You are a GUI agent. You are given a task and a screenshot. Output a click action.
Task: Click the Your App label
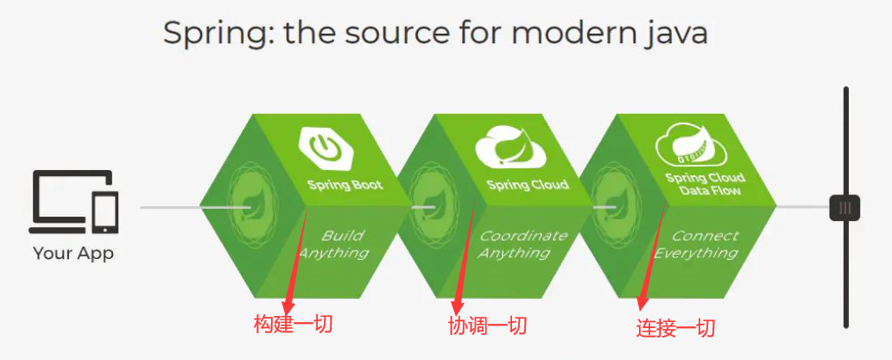[73, 254]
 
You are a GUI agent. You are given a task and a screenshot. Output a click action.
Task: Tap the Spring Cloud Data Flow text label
[705, 185]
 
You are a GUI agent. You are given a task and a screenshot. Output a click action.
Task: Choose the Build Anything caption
[336, 244]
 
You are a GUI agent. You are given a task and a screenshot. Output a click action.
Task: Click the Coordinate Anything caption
[521, 244]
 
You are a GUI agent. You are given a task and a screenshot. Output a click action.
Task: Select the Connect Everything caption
[699, 244]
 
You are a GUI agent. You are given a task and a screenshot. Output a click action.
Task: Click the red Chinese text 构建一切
[293, 325]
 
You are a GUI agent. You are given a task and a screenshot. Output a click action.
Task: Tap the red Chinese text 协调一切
[487, 325]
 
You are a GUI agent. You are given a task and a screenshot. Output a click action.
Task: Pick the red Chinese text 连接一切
[676, 328]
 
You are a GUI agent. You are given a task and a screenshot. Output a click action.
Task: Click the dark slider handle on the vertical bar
[845, 208]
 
